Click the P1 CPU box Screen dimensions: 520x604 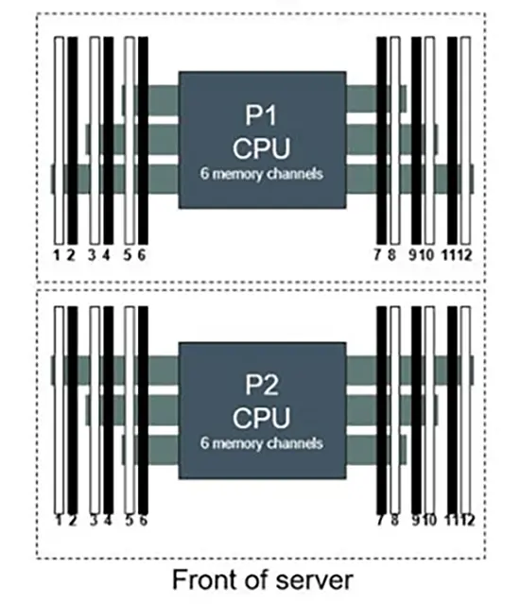pyautogui.click(x=262, y=140)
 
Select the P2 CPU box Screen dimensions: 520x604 pyautogui.click(x=262, y=410)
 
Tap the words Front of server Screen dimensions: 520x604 pyautogui.click(x=262, y=579)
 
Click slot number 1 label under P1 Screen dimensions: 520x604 pyautogui.click(x=57, y=255)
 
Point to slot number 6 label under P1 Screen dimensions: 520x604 pyautogui.click(x=142, y=255)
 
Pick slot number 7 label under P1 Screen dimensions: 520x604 pyautogui.click(x=377, y=255)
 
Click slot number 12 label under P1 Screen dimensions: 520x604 pyautogui.click(x=465, y=255)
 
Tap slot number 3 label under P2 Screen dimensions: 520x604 pyautogui.click(x=94, y=521)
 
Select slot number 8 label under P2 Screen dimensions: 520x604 pyautogui.click(x=394, y=521)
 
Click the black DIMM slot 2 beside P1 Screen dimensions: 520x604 pyautogui.click(x=73, y=140)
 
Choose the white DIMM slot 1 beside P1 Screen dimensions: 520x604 pyautogui.click(x=59, y=140)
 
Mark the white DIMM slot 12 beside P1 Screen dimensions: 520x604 pyautogui.click(x=465, y=140)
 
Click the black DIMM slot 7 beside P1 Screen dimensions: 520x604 pyautogui.click(x=381, y=140)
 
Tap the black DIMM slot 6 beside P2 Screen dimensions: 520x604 pyautogui.click(x=143, y=410)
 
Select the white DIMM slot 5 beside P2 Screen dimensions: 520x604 pyautogui.click(x=130, y=410)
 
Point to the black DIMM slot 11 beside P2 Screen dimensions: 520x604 pyautogui.click(x=452, y=410)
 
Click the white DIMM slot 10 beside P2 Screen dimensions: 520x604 pyautogui.click(x=430, y=410)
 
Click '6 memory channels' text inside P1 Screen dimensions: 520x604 pyautogui.click(x=262, y=174)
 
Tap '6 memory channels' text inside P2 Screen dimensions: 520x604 pyautogui.click(x=262, y=443)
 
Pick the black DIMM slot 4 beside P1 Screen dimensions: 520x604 pyautogui.click(x=108, y=140)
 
